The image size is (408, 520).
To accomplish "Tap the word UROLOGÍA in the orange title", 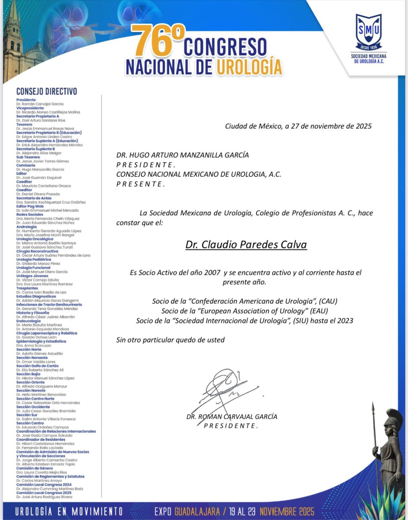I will click(249, 67).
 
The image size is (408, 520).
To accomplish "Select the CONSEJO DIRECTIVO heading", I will click(46, 92).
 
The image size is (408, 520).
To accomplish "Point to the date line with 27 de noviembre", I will click(298, 126).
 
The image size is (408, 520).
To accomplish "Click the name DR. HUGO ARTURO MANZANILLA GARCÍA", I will click(182, 155).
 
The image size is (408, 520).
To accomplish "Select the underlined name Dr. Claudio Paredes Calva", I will click(246, 244).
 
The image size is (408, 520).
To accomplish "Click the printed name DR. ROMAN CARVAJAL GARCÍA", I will click(232, 416).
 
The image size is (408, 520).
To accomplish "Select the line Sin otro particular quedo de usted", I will click(170, 340).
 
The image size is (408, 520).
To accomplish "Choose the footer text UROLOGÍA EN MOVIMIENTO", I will click(69, 512).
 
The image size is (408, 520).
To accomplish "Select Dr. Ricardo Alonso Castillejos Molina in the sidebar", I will click(48, 112).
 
